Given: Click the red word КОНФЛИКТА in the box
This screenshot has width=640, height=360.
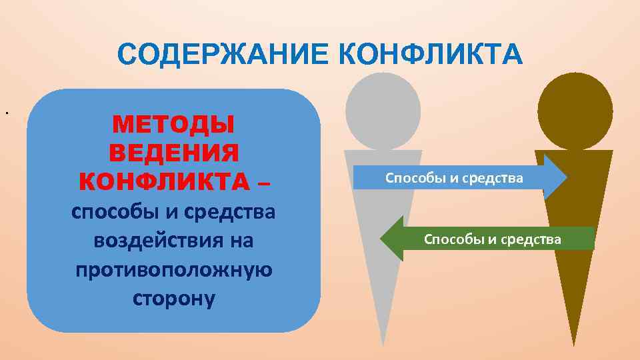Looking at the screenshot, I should [x=164, y=181].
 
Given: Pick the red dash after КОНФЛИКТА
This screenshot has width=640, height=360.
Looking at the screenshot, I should [x=264, y=181].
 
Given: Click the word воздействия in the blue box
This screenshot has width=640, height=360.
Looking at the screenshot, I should [x=173, y=240].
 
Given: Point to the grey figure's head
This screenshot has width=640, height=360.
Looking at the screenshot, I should [x=383, y=111].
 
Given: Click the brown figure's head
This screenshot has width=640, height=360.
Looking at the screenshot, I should [x=575, y=109].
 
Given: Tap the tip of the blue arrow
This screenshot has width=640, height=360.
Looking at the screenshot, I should [x=566, y=178].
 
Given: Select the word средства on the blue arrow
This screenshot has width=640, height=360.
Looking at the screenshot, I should [x=493, y=178].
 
